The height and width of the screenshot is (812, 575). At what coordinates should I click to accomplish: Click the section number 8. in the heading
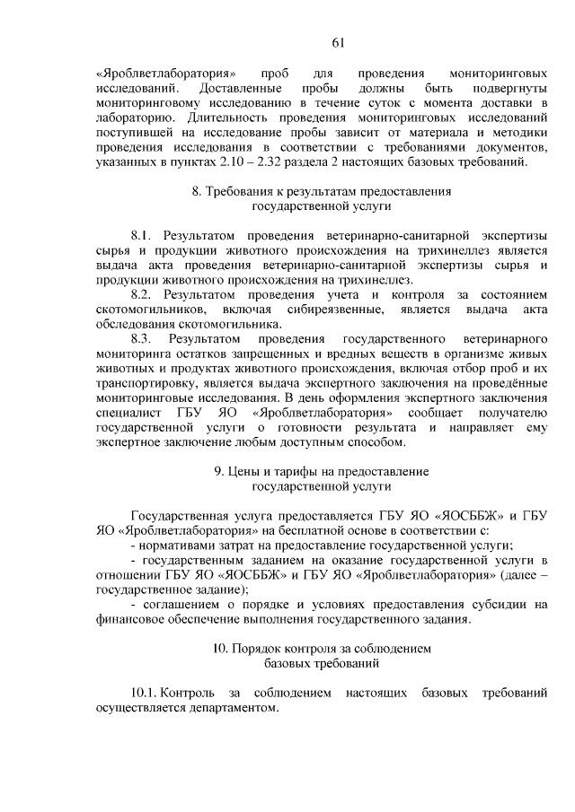coord(198,191)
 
